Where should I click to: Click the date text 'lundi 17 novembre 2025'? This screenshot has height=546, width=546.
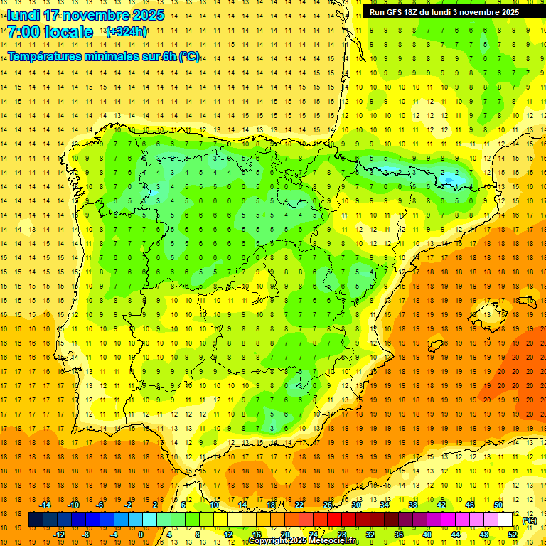pos(85,15)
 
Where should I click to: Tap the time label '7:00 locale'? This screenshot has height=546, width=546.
pos(50,32)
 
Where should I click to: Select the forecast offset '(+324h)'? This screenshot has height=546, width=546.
pos(127,32)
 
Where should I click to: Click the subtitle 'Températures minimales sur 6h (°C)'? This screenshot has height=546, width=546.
pos(104,57)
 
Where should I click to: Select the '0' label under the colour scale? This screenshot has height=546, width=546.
pos(140,535)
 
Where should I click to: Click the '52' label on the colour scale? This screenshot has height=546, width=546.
pos(513,535)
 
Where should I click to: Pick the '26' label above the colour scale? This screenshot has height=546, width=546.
pos(328,505)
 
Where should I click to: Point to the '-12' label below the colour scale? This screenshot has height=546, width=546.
pos(59,535)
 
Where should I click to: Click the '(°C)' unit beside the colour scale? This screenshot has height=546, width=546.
pos(530,520)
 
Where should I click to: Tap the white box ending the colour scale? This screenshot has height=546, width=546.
pos(505,520)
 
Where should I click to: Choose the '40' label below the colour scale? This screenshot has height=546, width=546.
pos(427,535)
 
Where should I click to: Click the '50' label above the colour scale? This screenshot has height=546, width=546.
pos(498,505)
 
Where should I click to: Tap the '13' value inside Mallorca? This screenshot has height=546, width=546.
pos(488,314)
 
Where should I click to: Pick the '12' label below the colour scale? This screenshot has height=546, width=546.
pos(228,535)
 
